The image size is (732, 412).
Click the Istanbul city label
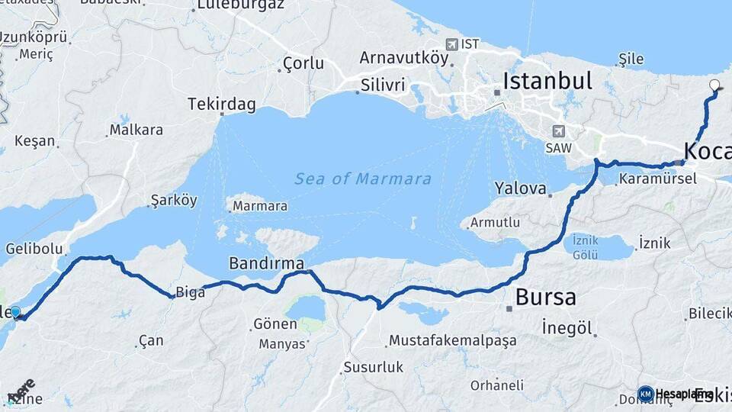tap(547, 81)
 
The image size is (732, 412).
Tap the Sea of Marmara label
tap(363, 179)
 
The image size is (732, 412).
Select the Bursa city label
tap(546, 297)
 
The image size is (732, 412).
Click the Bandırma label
tap(266, 263)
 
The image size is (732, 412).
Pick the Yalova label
tap(521, 188)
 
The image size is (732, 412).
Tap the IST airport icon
tap(452, 44)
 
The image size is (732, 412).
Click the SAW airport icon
tap(559, 130)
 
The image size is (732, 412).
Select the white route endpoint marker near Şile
tap(714, 85)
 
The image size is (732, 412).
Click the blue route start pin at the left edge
tap(15, 311)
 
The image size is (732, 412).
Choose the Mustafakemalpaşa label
tap(453, 340)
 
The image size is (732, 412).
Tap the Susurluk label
tap(373, 367)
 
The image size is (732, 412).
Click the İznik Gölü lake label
tap(585, 247)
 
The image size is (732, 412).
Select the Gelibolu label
tap(34, 249)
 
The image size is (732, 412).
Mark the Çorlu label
tap(303, 63)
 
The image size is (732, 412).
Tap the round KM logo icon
tap(646, 394)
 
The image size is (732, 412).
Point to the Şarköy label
tap(174, 201)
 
